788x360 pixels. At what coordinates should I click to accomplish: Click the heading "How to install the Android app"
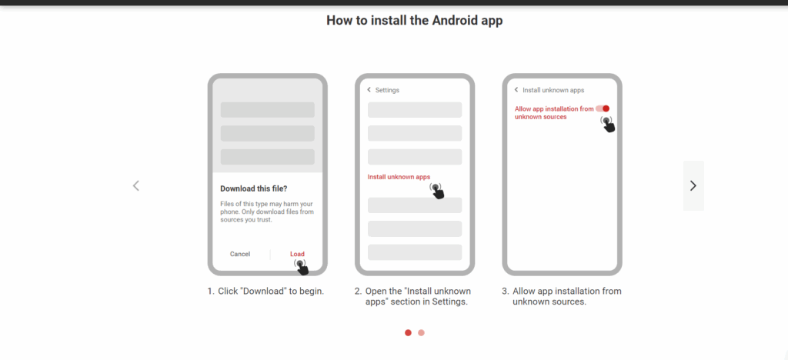click(414, 21)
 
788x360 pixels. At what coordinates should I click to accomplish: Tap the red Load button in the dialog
click(297, 254)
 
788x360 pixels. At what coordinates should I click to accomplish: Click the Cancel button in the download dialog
click(240, 254)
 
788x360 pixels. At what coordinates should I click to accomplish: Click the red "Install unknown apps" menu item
click(399, 177)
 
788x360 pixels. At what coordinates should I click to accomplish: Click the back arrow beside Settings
click(369, 90)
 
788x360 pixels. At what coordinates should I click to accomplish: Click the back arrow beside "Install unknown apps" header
click(516, 90)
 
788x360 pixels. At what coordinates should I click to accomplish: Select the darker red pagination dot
click(408, 333)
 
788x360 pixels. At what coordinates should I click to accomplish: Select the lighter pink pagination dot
click(421, 333)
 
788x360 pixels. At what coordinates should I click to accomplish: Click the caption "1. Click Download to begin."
click(265, 292)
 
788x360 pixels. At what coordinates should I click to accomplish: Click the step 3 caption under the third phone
click(561, 296)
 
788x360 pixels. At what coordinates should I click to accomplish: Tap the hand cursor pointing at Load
click(301, 267)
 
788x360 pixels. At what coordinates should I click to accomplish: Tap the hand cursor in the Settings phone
click(438, 191)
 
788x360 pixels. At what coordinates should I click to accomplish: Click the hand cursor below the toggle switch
click(608, 124)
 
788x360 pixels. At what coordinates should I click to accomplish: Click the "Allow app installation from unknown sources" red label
click(553, 113)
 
